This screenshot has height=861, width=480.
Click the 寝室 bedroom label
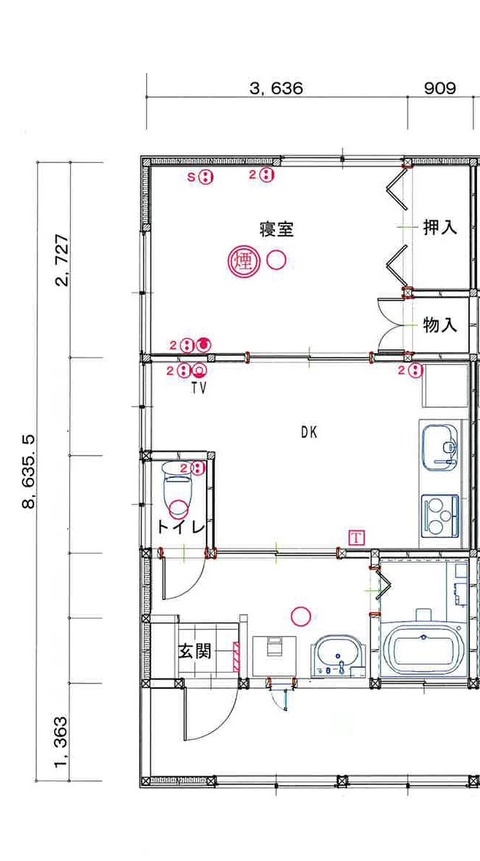coord(277,229)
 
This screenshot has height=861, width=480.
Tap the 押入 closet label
coord(440,228)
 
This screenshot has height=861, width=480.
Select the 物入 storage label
coord(440,325)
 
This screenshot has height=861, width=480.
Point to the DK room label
coord(309,432)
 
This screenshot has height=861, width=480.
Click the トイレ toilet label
coord(181,527)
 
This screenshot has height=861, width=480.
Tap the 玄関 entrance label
coord(195,652)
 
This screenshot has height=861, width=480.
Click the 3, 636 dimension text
coord(276,88)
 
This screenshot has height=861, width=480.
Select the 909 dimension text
coord(440,88)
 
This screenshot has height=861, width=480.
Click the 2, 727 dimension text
coord(63,260)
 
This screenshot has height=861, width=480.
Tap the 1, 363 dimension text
coord(63,741)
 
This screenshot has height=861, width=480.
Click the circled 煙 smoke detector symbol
coord(243,260)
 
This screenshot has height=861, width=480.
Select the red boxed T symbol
coord(357,537)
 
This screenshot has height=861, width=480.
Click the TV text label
coord(199,388)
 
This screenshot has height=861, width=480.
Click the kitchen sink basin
coord(440,447)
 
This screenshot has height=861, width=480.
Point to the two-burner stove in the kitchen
coord(440,516)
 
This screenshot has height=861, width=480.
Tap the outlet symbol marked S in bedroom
coord(205,177)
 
